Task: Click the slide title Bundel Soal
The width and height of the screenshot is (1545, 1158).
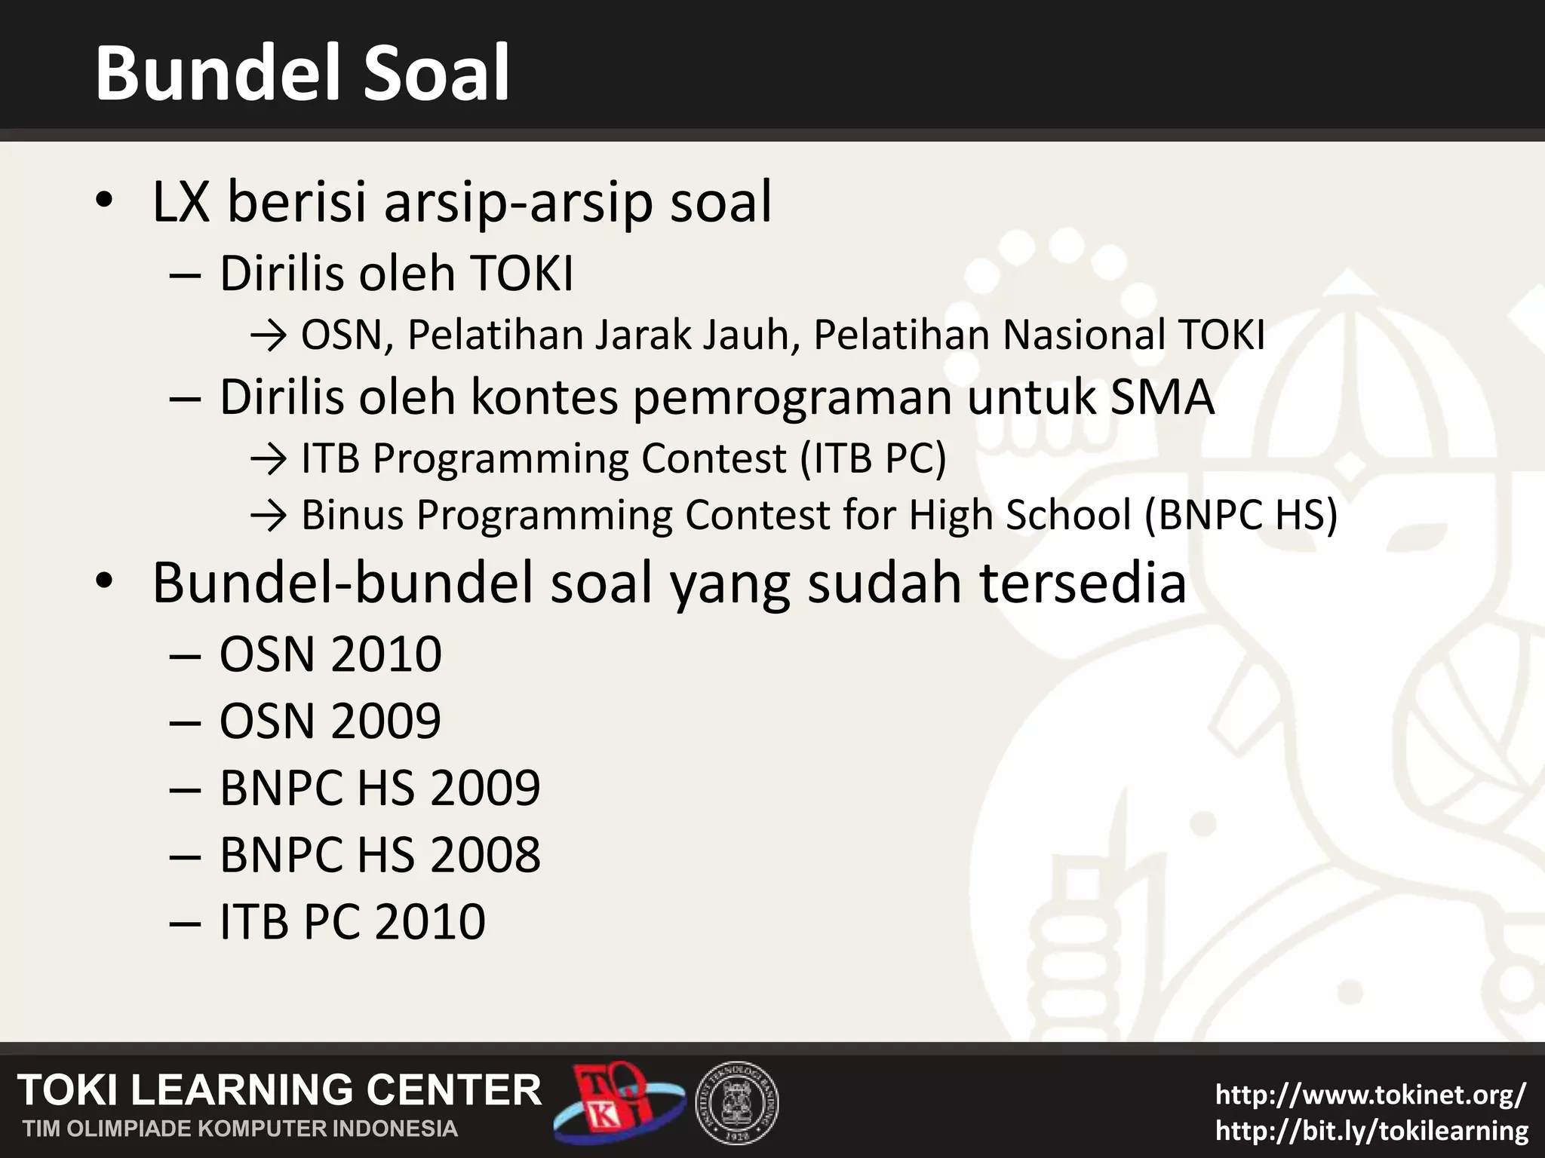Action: [x=302, y=73]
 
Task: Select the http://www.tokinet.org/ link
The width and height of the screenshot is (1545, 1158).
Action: [x=1371, y=1094]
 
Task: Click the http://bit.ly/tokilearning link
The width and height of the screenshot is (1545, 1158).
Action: [x=1371, y=1130]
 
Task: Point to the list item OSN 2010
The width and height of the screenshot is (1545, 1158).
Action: [x=330, y=654]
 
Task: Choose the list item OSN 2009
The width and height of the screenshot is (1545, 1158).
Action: [x=330, y=721]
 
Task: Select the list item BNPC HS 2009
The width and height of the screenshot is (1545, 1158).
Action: [x=379, y=788]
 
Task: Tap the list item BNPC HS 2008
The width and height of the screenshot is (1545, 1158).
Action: [x=379, y=855]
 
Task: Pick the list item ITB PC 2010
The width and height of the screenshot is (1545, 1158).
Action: [x=352, y=921]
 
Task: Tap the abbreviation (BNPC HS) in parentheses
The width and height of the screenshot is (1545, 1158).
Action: [x=1240, y=516]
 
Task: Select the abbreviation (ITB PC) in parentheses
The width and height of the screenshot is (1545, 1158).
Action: [x=872, y=458]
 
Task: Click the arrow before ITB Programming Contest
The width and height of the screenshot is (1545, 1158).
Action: [x=268, y=459]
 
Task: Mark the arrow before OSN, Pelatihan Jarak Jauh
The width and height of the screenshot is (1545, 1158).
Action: [x=268, y=336]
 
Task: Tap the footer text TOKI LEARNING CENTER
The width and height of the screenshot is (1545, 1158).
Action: [x=279, y=1090]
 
